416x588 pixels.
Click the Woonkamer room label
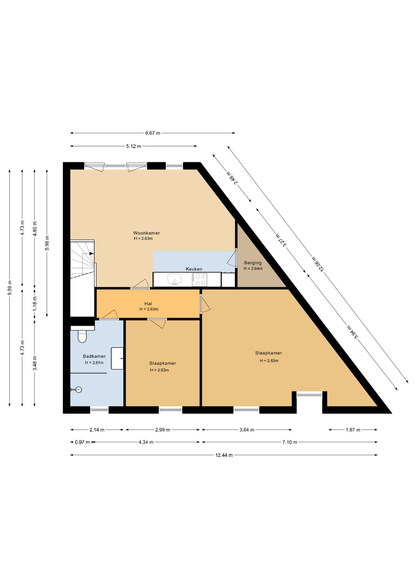146,233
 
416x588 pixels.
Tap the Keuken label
194,269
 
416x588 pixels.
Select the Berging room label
253,262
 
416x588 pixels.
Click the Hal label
148,304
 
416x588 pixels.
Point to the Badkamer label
94,356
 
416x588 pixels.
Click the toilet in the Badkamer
82,336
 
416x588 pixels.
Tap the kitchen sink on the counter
174,279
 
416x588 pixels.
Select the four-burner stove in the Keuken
200,280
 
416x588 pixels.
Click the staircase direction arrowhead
91,254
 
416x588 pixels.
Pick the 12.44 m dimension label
224,455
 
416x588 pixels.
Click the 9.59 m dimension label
10,288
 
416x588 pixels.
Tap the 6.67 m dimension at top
153,133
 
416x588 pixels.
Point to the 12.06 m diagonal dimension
318,263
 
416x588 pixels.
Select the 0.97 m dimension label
82,442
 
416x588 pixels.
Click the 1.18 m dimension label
35,304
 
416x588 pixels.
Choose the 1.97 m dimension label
353,430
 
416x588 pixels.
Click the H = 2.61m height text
94,363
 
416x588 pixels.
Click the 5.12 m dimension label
133,146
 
